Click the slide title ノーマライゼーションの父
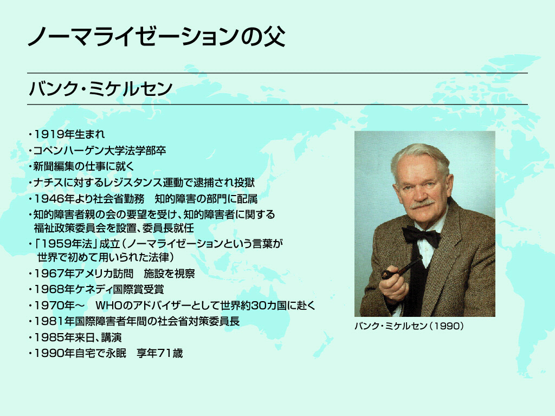click(x=157, y=36)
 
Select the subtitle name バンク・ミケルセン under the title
click(x=100, y=88)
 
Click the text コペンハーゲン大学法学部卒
click(x=100, y=151)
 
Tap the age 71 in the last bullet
click(x=165, y=353)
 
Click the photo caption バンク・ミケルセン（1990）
click(x=409, y=326)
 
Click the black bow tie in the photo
click(x=421, y=236)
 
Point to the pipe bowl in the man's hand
click(x=388, y=274)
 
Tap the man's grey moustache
click(x=422, y=204)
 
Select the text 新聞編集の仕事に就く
click(x=83, y=166)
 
